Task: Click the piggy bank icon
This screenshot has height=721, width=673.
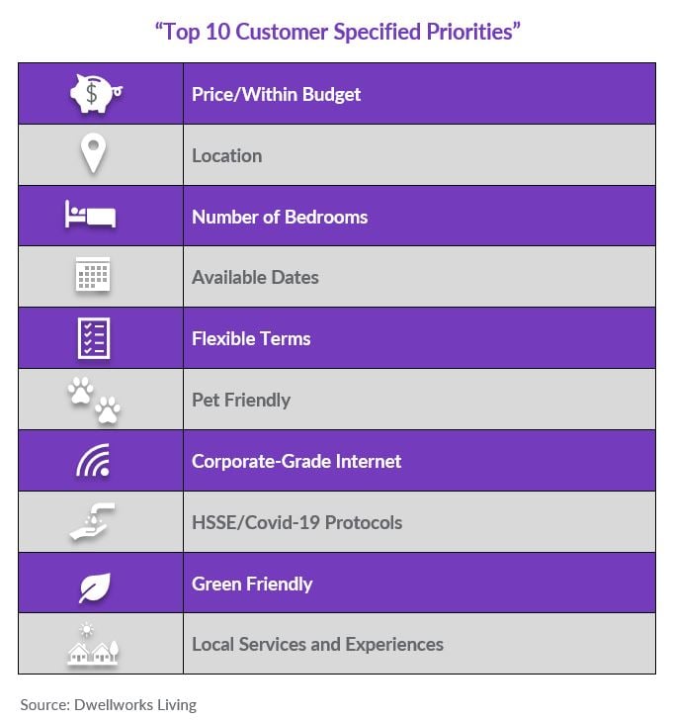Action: [96, 93]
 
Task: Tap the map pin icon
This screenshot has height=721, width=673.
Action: [93, 153]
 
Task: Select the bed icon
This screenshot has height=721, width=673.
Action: [90, 214]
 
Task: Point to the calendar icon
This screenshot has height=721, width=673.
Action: [93, 274]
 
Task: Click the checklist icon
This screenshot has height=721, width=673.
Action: [94, 338]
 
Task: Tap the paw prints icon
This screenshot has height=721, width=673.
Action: [94, 401]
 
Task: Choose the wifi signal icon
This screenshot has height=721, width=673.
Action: [93, 460]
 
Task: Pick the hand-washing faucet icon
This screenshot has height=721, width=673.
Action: [92, 521]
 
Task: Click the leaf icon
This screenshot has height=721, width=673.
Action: [95, 587]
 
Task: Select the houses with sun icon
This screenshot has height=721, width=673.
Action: [93, 643]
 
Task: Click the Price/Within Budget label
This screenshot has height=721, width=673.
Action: [276, 95]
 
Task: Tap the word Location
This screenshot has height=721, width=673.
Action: [227, 156]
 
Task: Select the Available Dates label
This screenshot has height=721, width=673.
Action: [255, 277]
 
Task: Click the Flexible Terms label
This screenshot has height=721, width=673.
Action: [251, 339]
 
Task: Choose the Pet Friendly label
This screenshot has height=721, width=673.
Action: [241, 400]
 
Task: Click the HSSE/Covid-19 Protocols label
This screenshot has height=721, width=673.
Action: [297, 523]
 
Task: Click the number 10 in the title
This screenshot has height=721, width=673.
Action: [217, 33]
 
